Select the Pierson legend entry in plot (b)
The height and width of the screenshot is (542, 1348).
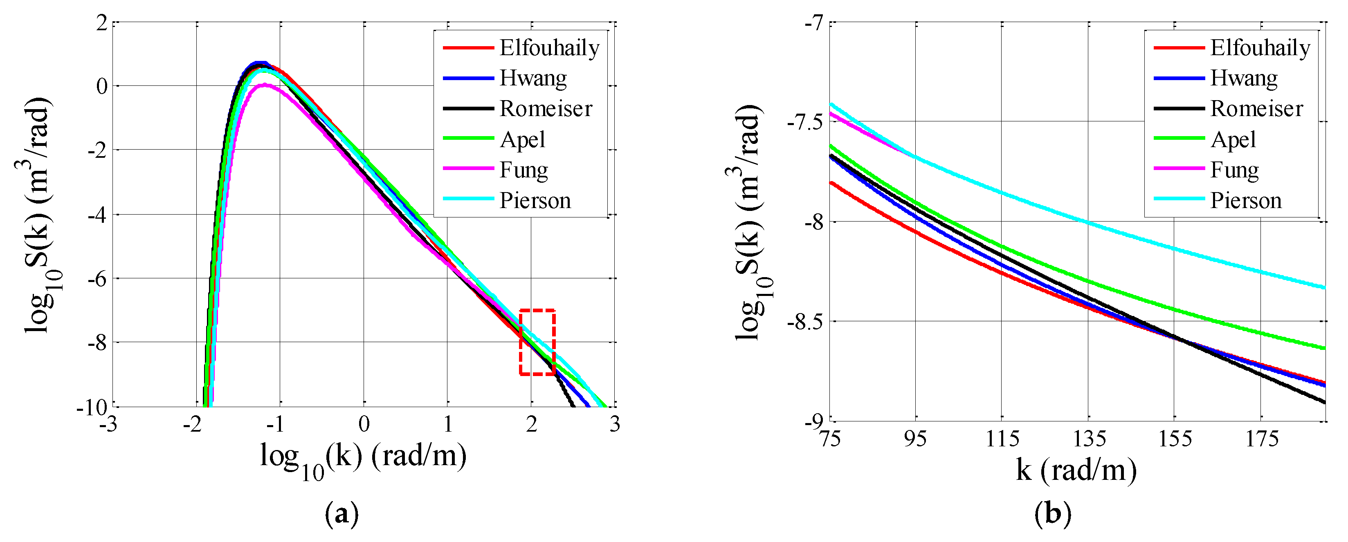[x=1246, y=200]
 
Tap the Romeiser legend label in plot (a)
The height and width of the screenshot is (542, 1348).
[x=546, y=108]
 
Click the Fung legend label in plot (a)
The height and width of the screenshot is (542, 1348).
[x=524, y=170]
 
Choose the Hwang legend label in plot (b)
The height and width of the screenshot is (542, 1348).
[x=1244, y=78]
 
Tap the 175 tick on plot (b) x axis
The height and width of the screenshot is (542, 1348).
[x=1261, y=439]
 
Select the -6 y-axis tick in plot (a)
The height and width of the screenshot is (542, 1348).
[x=97, y=278]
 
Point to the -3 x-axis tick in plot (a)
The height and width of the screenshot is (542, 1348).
[x=108, y=424]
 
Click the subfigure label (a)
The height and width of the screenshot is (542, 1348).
[x=342, y=514]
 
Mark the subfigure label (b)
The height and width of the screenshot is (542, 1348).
[x=1052, y=514]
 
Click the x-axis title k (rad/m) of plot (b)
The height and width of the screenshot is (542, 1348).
[x=1076, y=470]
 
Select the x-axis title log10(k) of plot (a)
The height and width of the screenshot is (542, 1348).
[x=363, y=458]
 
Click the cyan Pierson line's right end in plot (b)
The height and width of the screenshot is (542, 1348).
[x=1324, y=287]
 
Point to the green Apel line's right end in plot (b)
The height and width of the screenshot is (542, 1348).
[x=1324, y=348]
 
